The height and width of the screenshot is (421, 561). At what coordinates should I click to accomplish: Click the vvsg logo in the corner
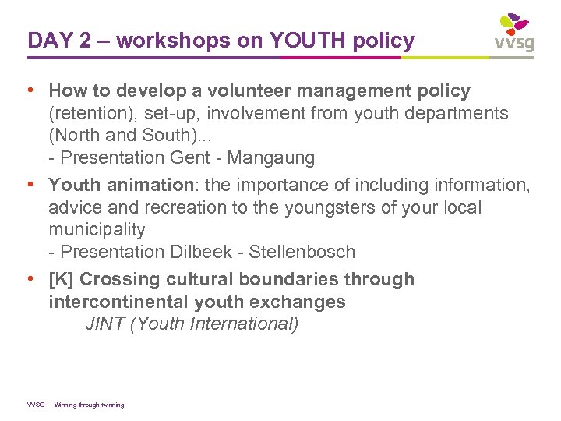[x=514, y=33]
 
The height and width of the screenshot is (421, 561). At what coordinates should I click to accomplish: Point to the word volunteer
[x=249, y=91]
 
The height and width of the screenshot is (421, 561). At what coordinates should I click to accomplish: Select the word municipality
[x=97, y=229]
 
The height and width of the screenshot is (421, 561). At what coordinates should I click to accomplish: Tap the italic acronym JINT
[x=105, y=324]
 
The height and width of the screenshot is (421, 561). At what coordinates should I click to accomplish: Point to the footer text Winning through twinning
[x=89, y=405]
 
